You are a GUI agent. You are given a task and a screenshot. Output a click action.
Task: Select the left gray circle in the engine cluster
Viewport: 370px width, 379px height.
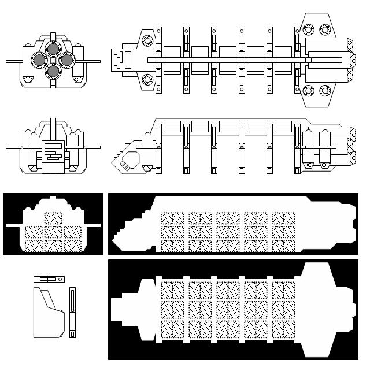[40, 60]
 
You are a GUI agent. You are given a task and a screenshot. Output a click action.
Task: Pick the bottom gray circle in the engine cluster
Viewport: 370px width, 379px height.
[53, 71]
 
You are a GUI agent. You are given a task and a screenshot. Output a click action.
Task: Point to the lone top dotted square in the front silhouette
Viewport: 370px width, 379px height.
[53, 218]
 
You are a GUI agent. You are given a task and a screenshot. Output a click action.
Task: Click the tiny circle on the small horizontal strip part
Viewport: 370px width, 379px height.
[58, 279]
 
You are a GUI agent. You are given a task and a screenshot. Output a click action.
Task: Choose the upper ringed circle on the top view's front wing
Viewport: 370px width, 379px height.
[146, 40]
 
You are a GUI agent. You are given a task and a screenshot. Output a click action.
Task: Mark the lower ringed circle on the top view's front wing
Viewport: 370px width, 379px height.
[146, 79]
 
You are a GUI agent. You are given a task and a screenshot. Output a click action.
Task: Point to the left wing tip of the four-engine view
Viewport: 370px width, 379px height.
[9, 61]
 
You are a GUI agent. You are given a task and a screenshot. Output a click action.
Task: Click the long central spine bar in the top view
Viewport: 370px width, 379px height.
[231, 60]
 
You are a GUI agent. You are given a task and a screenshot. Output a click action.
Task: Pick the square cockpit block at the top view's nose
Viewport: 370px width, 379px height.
[123, 60]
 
